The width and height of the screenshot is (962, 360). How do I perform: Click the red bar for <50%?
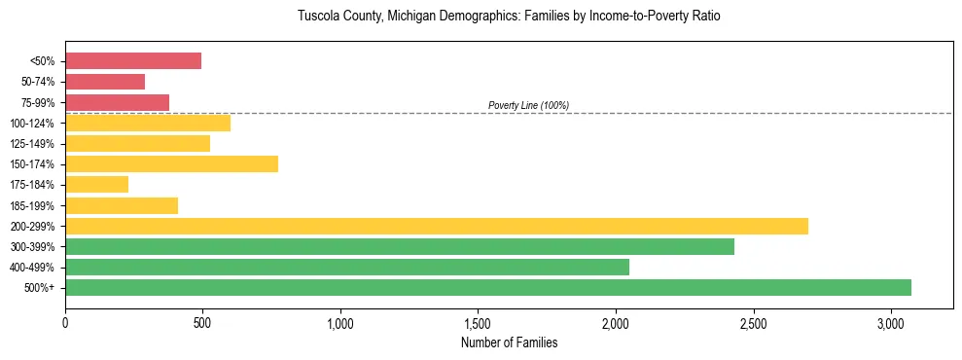[x=133, y=61]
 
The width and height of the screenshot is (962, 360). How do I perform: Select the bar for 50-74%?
[x=105, y=82]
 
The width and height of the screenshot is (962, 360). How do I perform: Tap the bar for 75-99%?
[x=117, y=102]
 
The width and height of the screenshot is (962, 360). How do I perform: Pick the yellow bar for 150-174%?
[x=171, y=163]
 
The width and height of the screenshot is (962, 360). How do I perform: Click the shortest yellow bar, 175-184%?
[x=96, y=184]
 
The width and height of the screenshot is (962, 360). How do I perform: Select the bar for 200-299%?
[x=437, y=226]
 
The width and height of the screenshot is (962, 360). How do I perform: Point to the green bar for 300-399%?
[x=400, y=246]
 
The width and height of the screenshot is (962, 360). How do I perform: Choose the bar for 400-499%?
[x=347, y=267]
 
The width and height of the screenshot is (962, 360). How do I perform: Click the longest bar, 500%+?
[x=488, y=287]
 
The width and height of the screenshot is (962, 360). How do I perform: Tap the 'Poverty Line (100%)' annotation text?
[x=528, y=105]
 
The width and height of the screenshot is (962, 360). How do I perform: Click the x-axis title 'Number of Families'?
[x=509, y=342]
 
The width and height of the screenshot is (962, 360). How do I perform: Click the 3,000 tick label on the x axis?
[x=891, y=323]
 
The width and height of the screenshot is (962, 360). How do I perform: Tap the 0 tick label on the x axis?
[x=65, y=323]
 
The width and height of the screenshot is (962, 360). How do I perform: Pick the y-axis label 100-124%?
[x=32, y=124]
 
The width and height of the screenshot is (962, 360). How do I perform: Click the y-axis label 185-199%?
[x=32, y=205]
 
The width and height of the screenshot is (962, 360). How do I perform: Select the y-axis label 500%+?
[x=40, y=288]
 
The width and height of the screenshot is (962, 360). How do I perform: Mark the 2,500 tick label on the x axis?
[x=753, y=323]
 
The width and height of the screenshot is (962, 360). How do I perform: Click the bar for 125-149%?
[x=137, y=143]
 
